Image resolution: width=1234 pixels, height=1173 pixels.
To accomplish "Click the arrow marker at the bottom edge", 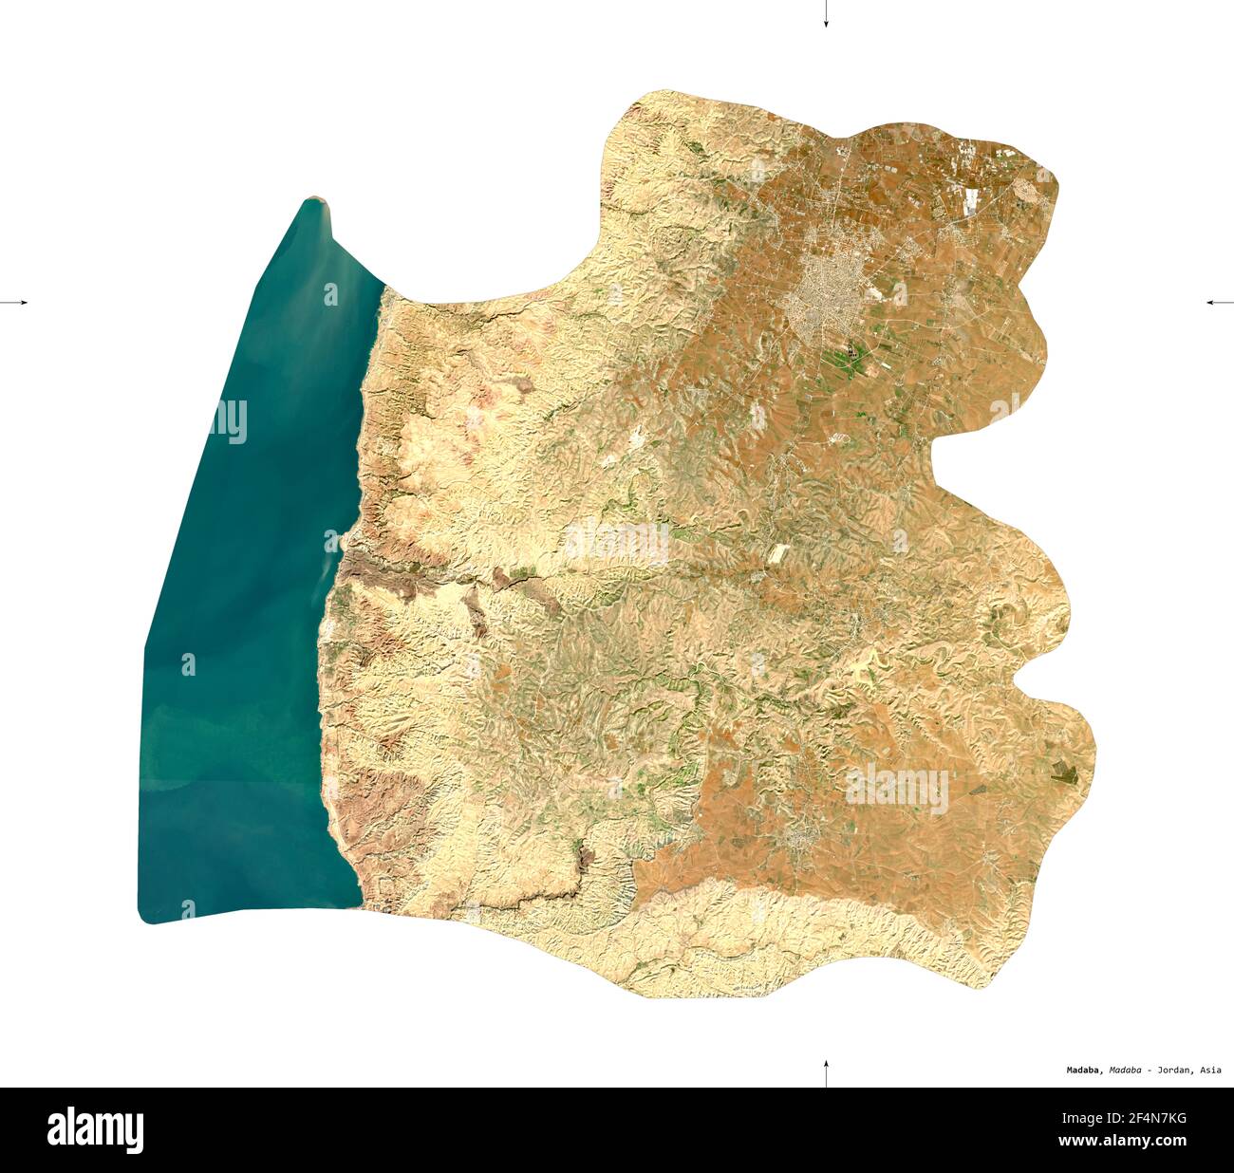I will [826, 1072].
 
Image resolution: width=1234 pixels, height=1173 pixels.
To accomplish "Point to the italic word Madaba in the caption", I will [1125, 1070].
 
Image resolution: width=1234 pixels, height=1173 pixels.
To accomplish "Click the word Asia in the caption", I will [1210, 1070].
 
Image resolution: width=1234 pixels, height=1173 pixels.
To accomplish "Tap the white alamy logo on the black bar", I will [95, 1129].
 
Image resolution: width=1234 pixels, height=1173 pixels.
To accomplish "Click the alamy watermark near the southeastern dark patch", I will [897, 789].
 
